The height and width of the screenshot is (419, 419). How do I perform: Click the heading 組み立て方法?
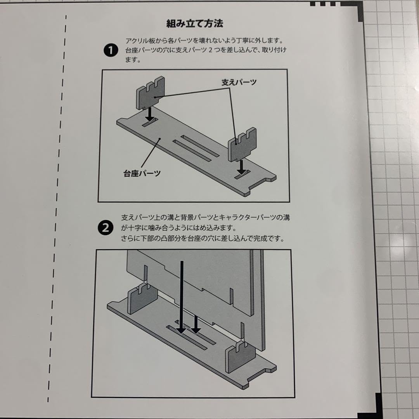coord(195,24)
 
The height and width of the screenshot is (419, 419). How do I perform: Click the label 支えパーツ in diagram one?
coord(239,82)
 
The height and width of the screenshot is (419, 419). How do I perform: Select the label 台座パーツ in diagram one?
coord(139,173)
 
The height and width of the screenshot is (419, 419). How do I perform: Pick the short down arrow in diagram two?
coord(196,324)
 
